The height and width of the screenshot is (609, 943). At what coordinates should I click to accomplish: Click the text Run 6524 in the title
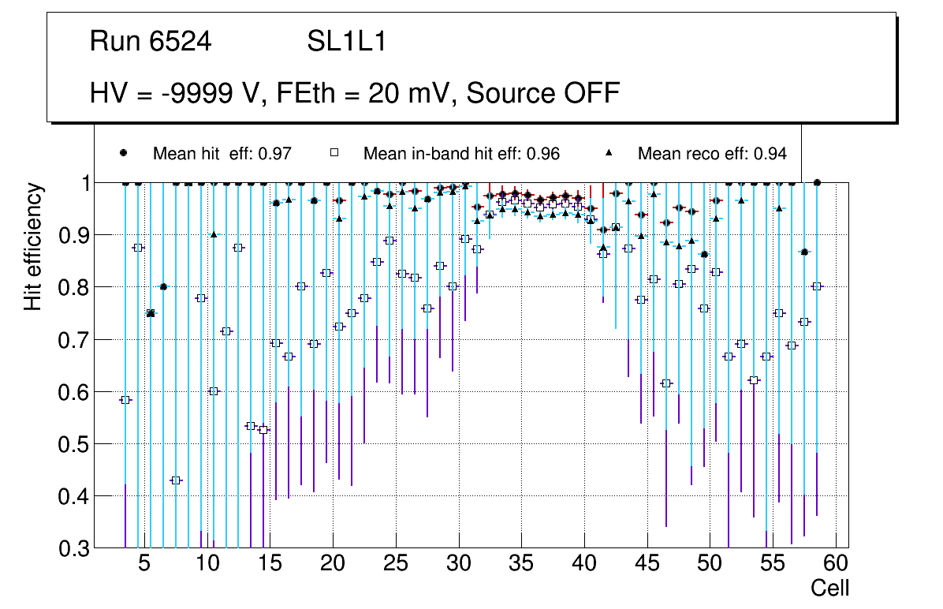151,42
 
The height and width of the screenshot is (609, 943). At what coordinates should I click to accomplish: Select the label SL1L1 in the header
346,42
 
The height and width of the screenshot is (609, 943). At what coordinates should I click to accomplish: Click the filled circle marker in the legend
124,153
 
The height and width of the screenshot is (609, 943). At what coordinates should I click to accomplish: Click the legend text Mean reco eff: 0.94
712,154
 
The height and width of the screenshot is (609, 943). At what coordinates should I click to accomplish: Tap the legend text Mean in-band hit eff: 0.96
461,154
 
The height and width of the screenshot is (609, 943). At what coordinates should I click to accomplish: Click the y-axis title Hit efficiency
33,247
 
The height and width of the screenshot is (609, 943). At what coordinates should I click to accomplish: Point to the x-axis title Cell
830,588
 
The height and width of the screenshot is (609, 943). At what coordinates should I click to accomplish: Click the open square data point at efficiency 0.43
176,480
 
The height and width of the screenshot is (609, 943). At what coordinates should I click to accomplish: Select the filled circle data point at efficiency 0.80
163,286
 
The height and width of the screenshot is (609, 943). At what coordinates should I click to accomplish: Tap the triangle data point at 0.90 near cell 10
214,234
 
